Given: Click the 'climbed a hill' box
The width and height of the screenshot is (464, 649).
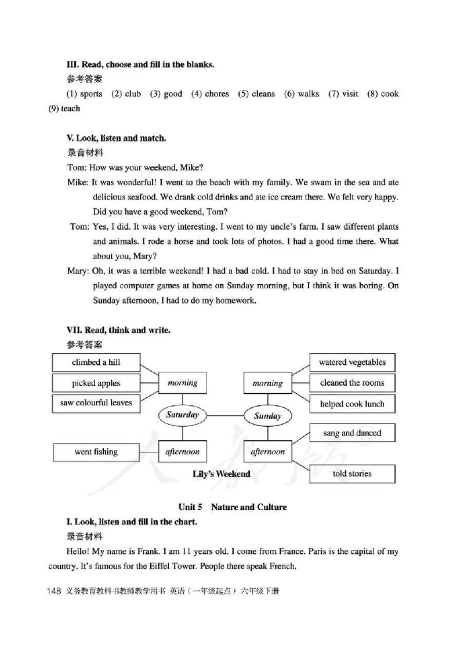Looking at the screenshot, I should [96, 362].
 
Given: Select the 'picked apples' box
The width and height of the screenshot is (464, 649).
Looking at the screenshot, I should [96, 383].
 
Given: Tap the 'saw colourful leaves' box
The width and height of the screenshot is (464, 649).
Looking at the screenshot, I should [96, 403].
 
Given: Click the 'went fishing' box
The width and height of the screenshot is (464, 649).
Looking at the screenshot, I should [96, 452].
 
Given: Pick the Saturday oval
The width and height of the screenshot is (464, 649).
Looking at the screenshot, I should [182, 415].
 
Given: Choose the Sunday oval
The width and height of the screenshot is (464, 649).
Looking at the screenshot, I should [267, 415].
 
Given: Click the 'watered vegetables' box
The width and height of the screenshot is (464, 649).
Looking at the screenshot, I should [352, 362].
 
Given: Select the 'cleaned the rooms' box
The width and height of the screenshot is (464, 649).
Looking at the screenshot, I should [352, 383].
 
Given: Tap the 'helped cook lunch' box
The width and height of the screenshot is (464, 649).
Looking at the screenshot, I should [352, 404].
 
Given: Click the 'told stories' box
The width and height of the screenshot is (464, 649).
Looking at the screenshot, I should [352, 473].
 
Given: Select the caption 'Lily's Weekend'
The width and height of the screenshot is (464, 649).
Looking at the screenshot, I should [222, 474].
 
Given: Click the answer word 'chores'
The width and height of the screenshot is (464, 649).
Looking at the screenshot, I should [217, 94].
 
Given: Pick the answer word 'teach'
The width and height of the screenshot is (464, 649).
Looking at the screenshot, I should [71, 108].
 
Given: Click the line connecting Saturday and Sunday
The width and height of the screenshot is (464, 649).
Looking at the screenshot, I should [225, 415].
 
